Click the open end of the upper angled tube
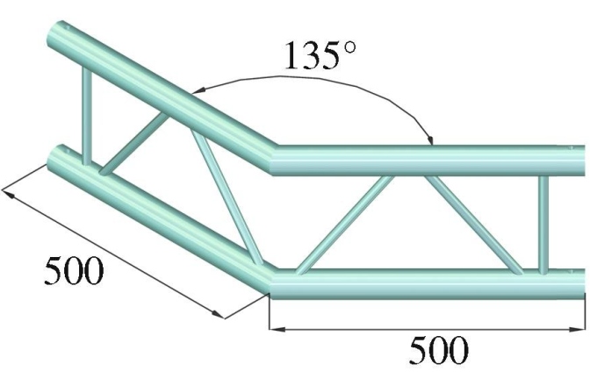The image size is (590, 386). pos(61,32)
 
